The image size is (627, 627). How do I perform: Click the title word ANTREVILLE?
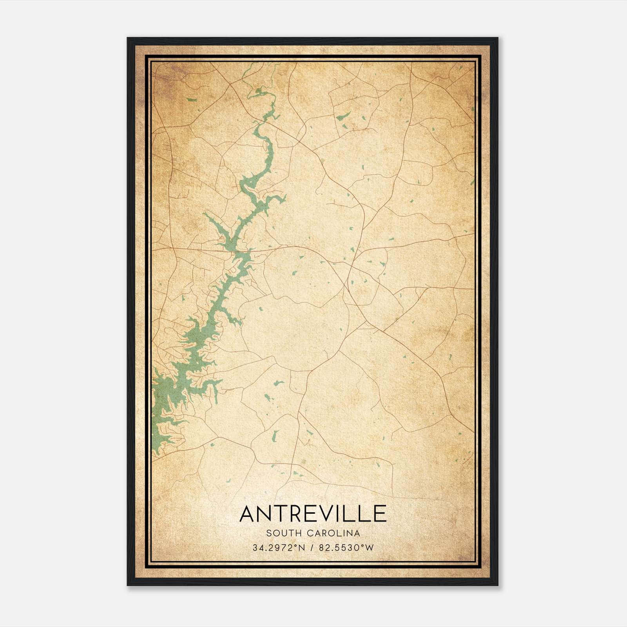pyautogui.click(x=313, y=514)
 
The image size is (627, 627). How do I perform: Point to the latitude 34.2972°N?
pyautogui.click(x=279, y=548)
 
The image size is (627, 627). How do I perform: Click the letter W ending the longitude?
pyautogui.click(x=369, y=548)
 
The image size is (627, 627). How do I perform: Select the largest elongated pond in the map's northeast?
pyautogui.click(x=343, y=116)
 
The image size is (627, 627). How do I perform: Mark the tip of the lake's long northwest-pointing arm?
pyautogui.click(x=205, y=214)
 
